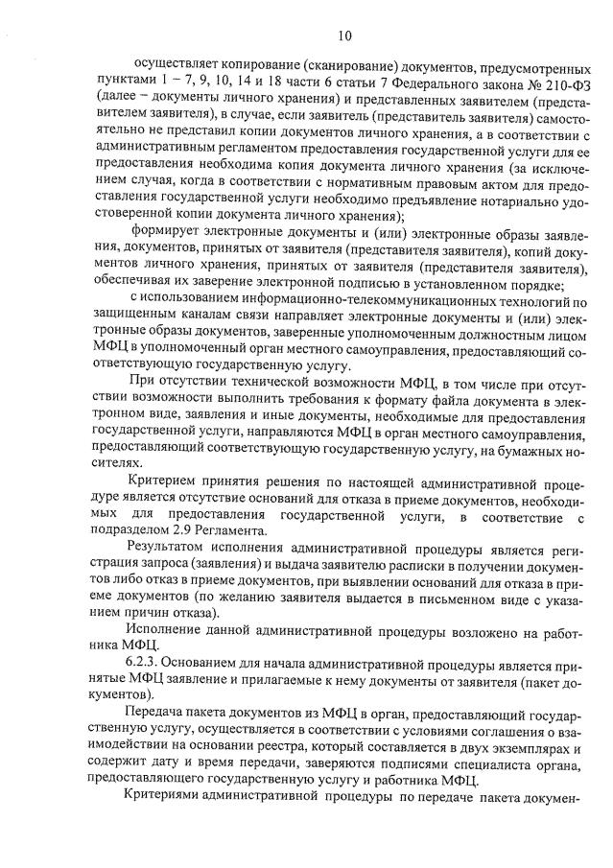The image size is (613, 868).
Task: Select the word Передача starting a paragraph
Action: pos(158,717)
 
